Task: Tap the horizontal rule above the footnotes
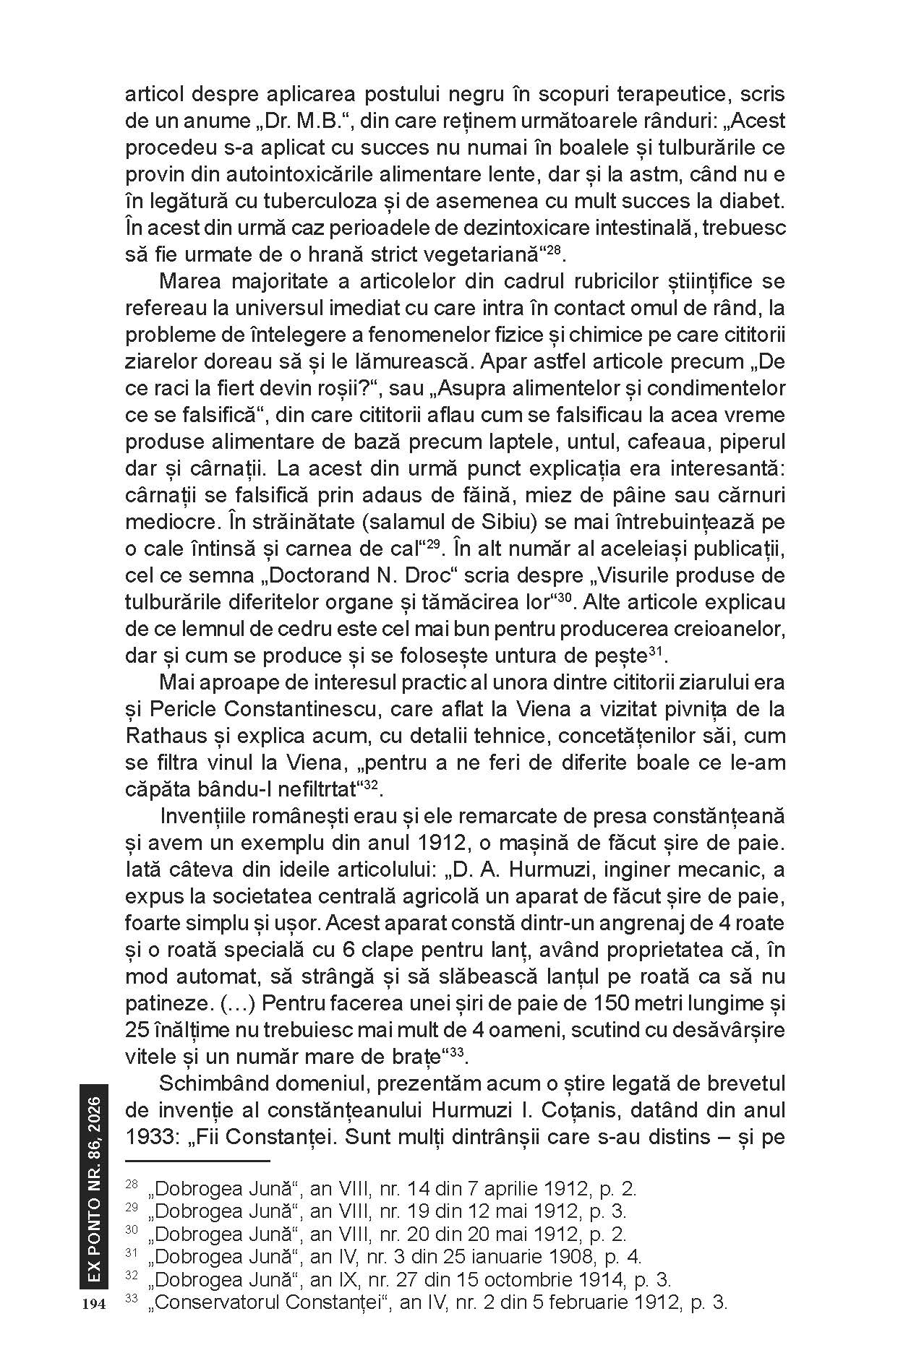point(197,1161)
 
